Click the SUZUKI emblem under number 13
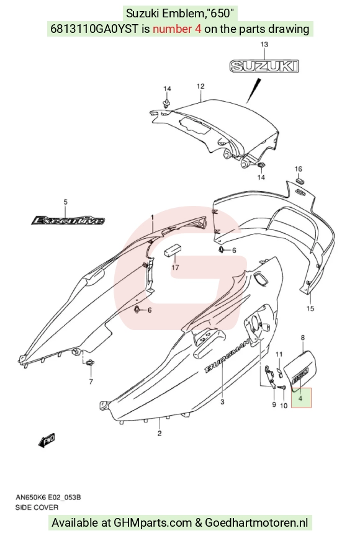coord(264,66)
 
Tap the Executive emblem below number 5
coord(68,220)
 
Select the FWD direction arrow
coord(47,440)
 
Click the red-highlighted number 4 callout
coord(301,398)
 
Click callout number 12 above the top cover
coord(200,86)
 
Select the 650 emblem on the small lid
coord(301,373)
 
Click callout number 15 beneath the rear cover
coord(310,308)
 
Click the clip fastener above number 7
coord(91,363)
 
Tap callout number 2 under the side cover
coord(160,434)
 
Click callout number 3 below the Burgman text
coord(222,401)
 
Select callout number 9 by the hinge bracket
coord(274,404)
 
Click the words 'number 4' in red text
coord(177,29)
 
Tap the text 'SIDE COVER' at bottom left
coord(37,507)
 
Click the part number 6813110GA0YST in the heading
coord(95,29)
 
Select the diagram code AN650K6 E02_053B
coord(48,498)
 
